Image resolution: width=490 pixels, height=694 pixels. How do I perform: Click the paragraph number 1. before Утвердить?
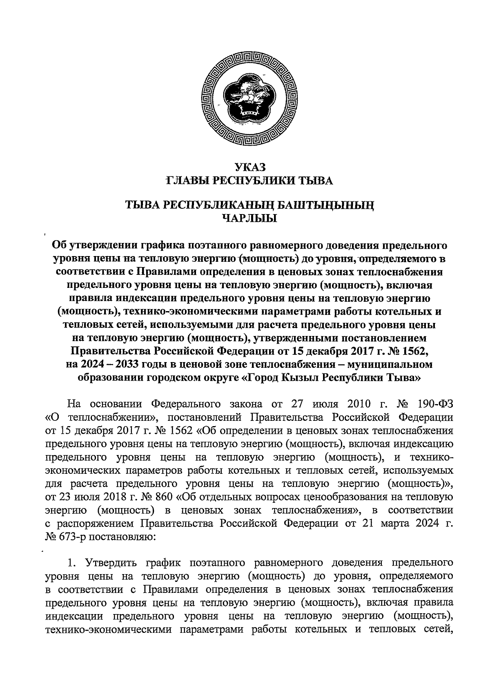coord(71,563)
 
